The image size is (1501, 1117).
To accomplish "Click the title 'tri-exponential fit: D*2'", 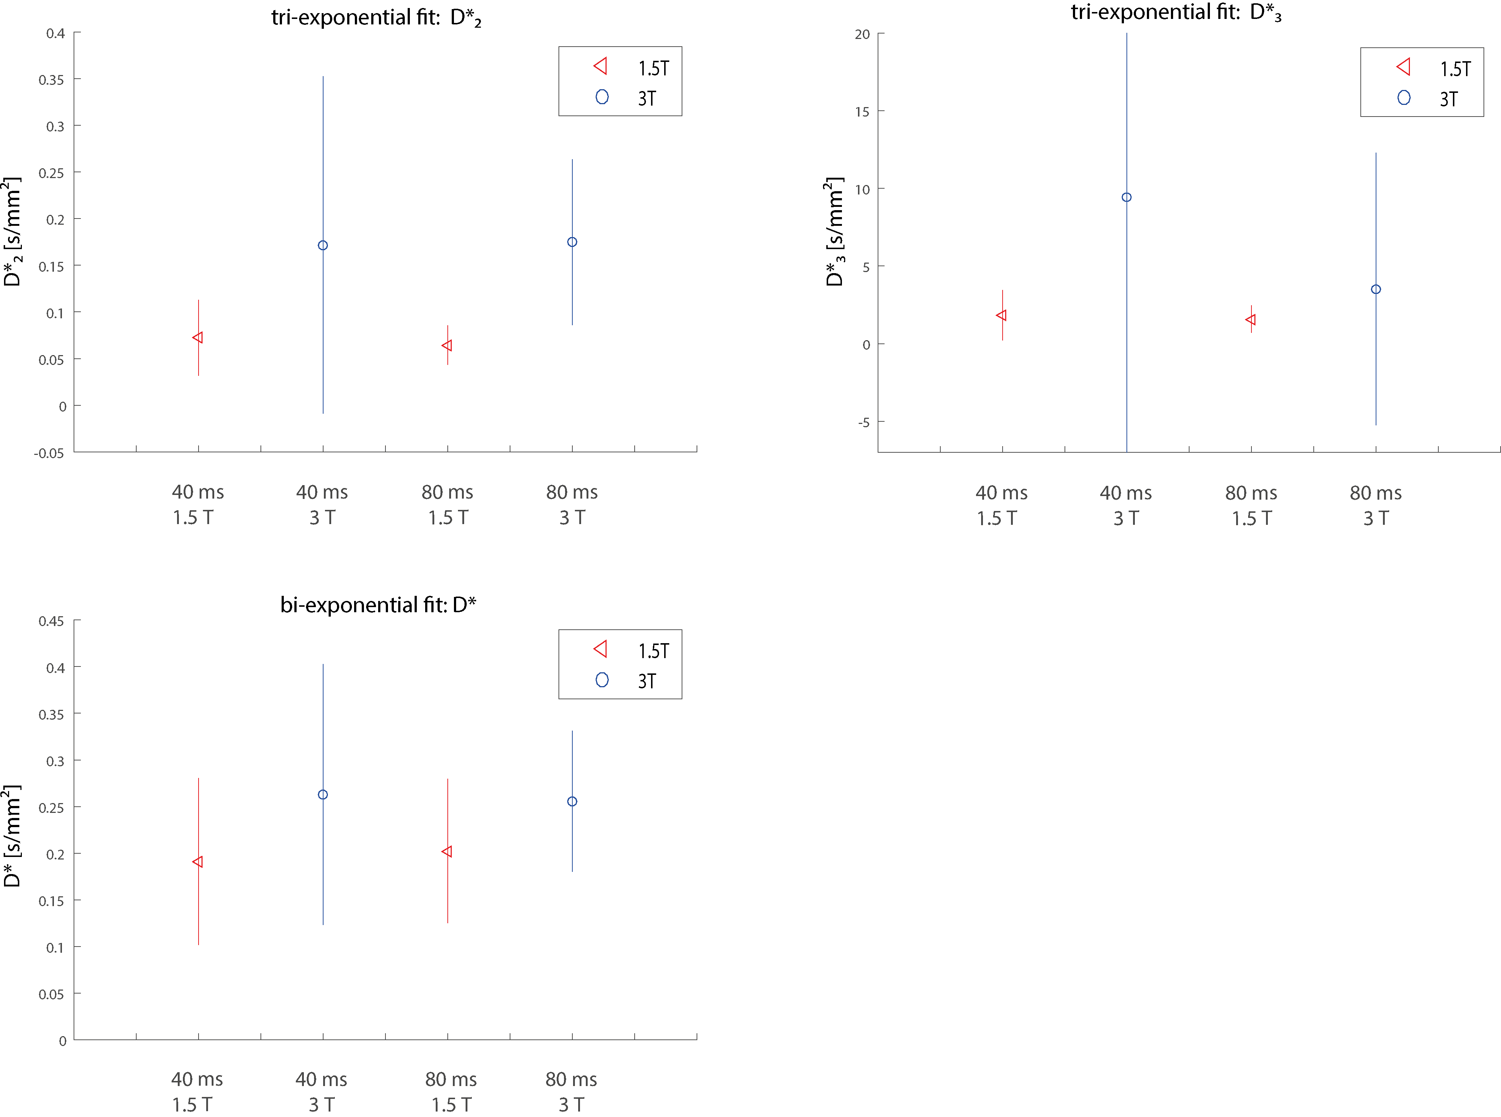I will (x=376, y=17).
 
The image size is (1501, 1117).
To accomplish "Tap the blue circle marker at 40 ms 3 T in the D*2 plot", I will (x=323, y=245).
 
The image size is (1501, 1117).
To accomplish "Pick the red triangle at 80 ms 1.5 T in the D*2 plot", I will (x=447, y=346).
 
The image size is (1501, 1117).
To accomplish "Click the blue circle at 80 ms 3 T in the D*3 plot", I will (x=1375, y=290).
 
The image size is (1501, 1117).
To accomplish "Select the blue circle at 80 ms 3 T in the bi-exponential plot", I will (x=572, y=801).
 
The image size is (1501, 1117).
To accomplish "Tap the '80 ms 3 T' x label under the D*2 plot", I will (x=572, y=504).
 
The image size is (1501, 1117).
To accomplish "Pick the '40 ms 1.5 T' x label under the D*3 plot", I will (x=1000, y=505).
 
